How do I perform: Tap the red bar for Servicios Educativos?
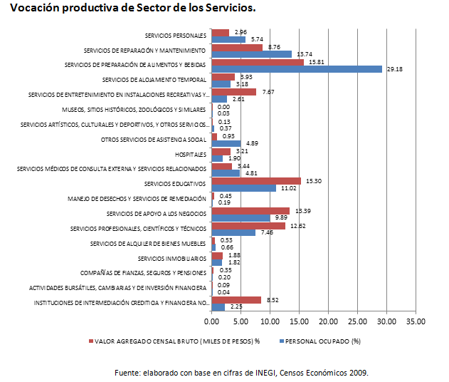(x=256, y=181)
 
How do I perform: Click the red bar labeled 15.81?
(x=258, y=62)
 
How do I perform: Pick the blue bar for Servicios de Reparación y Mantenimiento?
(x=252, y=54)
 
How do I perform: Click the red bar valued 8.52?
(x=236, y=300)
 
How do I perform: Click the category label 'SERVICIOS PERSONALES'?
(x=175, y=35)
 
